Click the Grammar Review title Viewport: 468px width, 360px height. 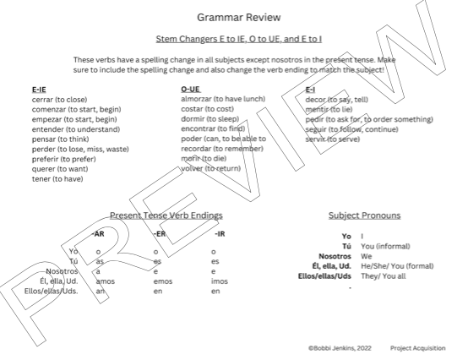click(233, 17)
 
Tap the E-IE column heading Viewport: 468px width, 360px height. click(39, 89)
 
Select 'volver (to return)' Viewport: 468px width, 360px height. click(211, 168)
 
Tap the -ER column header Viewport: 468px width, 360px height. click(158, 233)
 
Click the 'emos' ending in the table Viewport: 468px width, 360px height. click(163, 281)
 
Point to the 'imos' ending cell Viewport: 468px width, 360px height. click(220, 281)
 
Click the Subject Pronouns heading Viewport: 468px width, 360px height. click(364, 215)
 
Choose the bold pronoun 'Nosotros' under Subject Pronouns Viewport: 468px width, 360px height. click(335, 255)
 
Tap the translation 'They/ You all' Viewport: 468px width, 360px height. click(384, 275)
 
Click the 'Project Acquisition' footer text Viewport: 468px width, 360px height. click(418, 347)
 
